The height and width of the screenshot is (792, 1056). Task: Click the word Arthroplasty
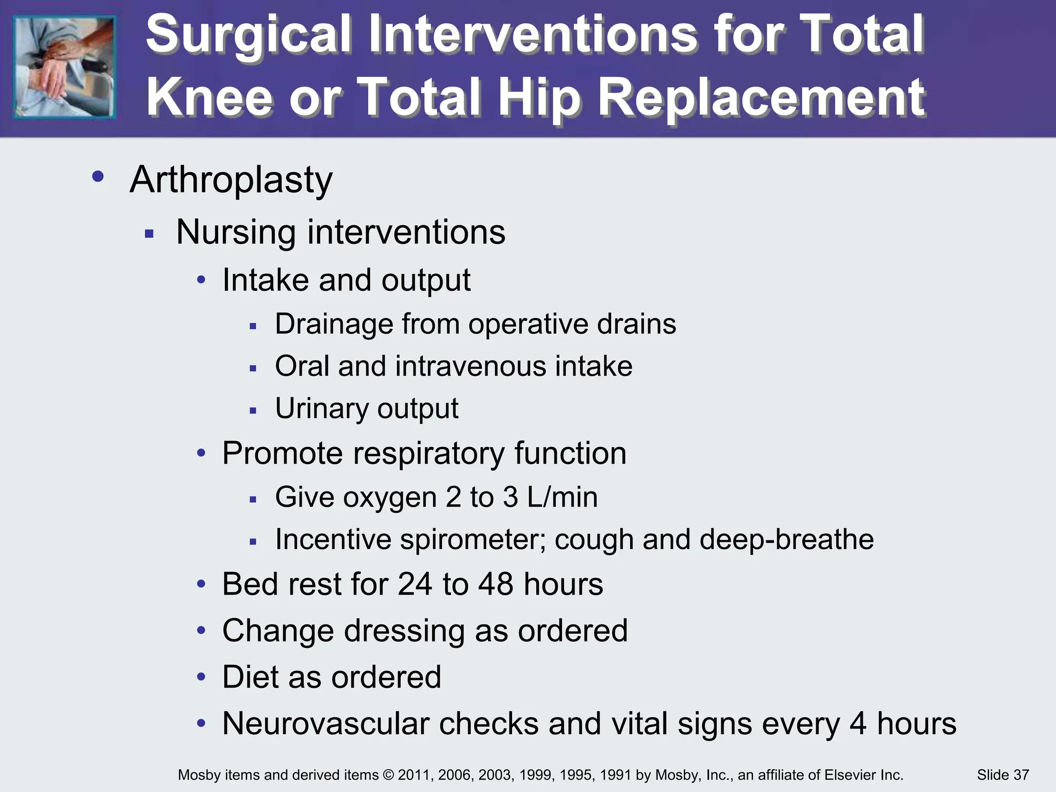point(231,180)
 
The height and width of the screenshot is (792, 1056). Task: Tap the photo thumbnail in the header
point(64,67)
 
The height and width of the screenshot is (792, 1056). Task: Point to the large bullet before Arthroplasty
point(98,177)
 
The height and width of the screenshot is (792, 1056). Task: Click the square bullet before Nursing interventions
point(150,234)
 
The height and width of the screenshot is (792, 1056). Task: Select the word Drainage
point(331,324)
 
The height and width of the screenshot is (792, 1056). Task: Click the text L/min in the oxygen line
point(562,498)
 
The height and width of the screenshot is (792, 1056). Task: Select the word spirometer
point(472,540)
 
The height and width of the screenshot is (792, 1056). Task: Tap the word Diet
point(250,677)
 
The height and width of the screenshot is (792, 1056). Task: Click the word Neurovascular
point(325,723)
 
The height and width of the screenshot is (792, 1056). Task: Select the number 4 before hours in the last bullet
point(857,723)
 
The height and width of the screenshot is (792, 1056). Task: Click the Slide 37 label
point(1002,775)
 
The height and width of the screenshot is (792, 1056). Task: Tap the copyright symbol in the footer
point(388,775)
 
